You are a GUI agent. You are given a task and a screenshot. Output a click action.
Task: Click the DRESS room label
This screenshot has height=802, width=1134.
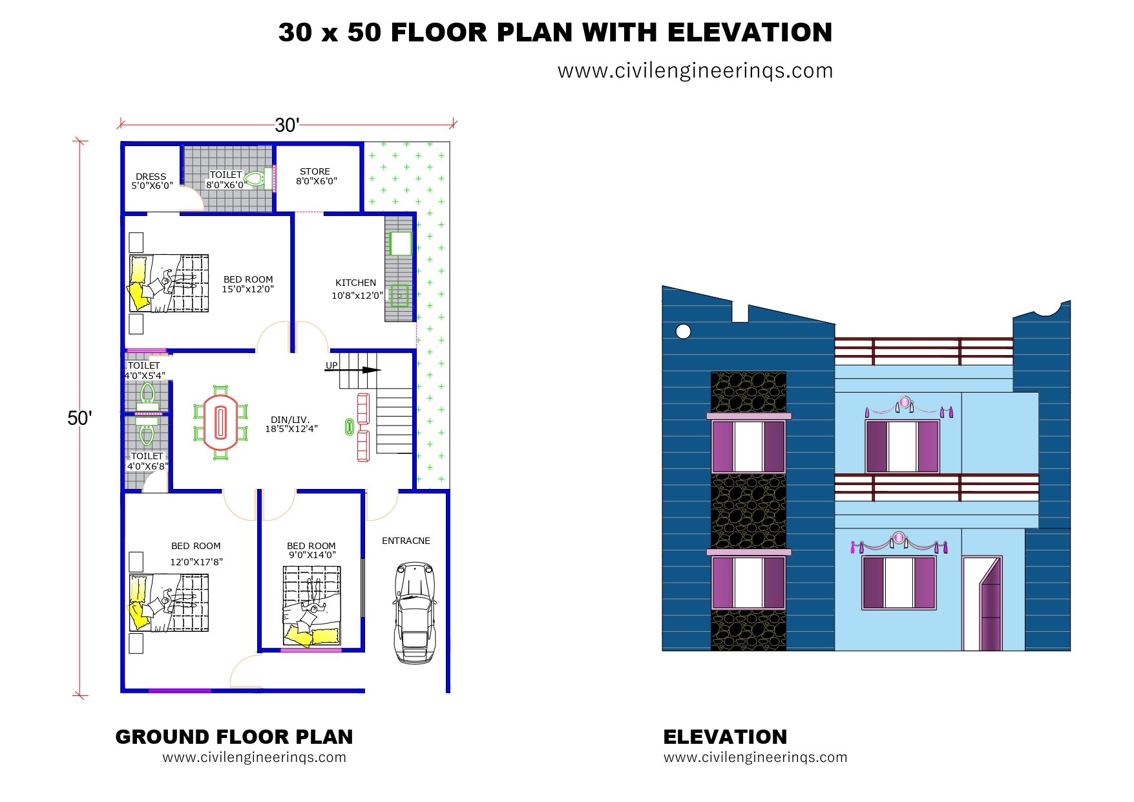pyautogui.click(x=151, y=177)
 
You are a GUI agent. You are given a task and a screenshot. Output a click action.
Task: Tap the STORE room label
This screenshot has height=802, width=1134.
pyautogui.click(x=315, y=171)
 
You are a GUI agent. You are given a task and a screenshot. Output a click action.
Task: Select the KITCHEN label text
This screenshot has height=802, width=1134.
pyautogui.click(x=355, y=283)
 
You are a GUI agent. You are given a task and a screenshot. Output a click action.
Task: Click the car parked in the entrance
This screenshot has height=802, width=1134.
pyautogui.click(x=414, y=612)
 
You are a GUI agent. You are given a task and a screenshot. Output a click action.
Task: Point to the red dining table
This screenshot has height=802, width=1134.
pyautogui.click(x=221, y=422)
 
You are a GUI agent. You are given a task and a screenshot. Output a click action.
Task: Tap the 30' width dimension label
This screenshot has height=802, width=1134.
pyautogui.click(x=287, y=125)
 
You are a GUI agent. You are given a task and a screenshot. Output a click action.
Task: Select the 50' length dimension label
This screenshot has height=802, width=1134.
pyautogui.click(x=79, y=418)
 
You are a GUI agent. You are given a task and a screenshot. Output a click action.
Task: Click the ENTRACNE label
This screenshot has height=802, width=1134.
pyautogui.click(x=406, y=541)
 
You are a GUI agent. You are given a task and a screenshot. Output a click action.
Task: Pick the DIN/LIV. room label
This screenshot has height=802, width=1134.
pyautogui.click(x=290, y=420)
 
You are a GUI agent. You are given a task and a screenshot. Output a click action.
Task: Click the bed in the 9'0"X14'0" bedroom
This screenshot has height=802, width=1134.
pyautogui.click(x=311, y=606)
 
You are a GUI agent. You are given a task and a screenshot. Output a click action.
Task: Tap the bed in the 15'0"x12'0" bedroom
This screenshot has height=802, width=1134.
pyautogui.click(x=169, y=283)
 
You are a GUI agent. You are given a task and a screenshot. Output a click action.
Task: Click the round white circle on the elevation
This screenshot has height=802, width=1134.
pyautogui.click(x=683, y=332)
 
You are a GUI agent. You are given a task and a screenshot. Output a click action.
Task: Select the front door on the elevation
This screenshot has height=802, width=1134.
pyautogui.click(x=982, y=603)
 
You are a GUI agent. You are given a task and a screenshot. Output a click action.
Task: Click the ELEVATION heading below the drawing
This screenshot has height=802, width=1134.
pyautogui.click(x=725, y=737)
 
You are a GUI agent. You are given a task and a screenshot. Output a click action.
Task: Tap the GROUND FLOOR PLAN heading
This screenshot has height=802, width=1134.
pyautogui.click(x=234, y=737)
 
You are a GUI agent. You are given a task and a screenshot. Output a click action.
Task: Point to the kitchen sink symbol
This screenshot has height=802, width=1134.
pyautogui.click(x=399, y=296)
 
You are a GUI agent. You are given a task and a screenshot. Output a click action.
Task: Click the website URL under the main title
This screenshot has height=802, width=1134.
pyautogui.click(x=695, y=70)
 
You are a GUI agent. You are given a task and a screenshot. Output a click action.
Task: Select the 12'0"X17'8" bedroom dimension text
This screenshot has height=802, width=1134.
pyautogui.click(x=196, y=562)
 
